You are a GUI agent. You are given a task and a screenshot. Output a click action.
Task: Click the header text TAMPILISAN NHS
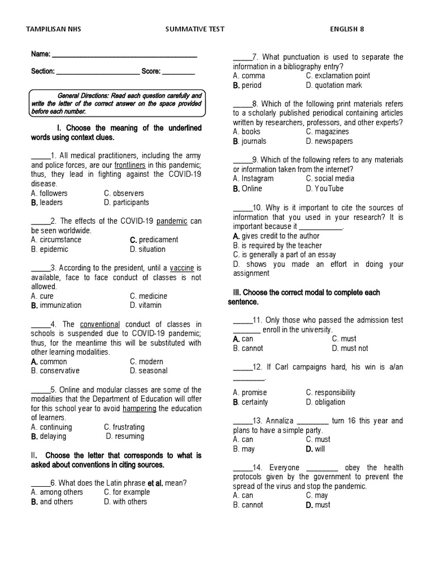coord(54,29)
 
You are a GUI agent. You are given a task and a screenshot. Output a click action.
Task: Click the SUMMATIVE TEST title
coord(195,29)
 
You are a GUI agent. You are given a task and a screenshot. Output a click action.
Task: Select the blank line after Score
coord(178,72)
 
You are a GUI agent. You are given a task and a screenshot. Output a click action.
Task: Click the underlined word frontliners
coord(130,165)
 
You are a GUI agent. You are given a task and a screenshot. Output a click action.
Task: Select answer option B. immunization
coord(57,306)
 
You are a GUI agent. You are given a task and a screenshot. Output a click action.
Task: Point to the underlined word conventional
coord(100,324)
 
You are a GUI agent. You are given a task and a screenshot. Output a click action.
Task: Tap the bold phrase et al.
coord(155,483)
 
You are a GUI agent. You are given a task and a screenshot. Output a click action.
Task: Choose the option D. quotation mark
coord(334,85)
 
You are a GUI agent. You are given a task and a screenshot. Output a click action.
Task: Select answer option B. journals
coord(250,141)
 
